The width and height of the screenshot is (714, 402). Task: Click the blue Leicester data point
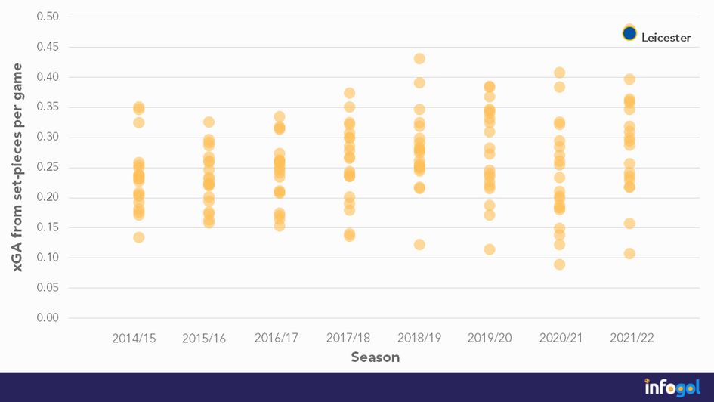(x=629, y=33)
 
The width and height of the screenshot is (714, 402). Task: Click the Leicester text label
(x=666, y=37)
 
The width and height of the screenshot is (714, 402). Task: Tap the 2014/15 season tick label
(x=134, y=338)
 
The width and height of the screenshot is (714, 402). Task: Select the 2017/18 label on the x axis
(x=349, y=338)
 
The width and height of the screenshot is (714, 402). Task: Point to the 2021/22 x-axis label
(x=632, y=338)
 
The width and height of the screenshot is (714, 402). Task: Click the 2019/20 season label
(x=490, y=338)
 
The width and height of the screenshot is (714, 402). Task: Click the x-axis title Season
(x=376, y=357)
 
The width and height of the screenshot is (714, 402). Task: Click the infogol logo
(x=672, y=386)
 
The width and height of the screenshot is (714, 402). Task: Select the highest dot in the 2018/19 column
(x=419, y=59)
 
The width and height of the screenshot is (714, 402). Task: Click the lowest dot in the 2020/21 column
(x=559, y=264)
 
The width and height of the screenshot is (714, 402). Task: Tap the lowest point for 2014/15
(x=139, y=237)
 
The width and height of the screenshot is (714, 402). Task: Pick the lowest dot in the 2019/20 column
(x=490, y=249)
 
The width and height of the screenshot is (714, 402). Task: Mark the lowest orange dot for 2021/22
(x=629, y=253)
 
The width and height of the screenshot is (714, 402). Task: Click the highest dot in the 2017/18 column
(x=349, y=93)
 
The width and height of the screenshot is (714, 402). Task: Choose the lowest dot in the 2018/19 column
(x=419, y=244)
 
